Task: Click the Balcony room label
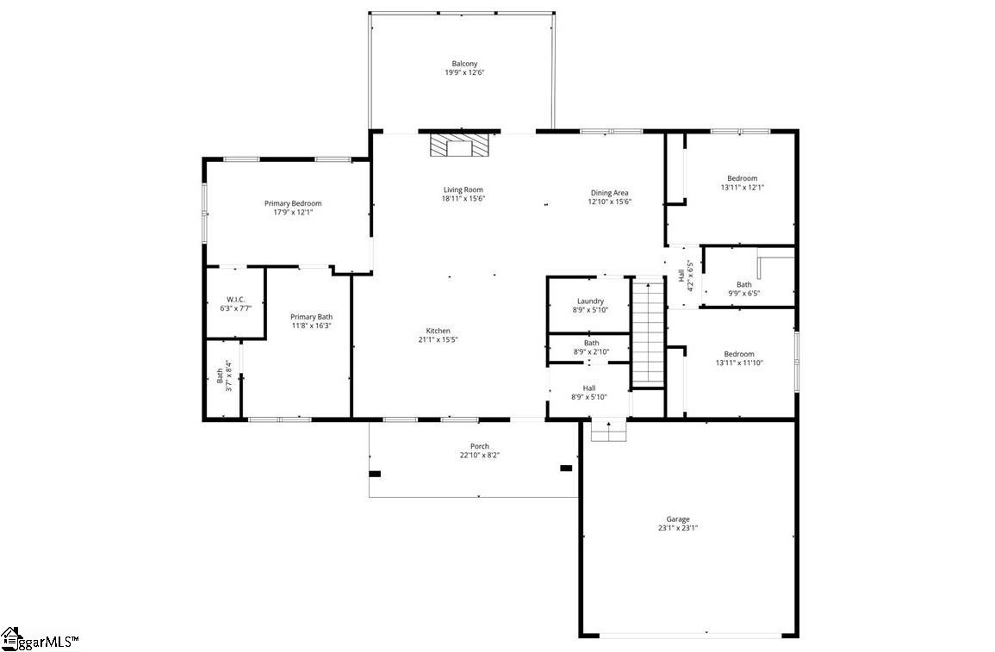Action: (x=464, y=64)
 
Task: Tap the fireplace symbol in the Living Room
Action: (x=460, y=146)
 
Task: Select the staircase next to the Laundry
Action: (x=648, y=332)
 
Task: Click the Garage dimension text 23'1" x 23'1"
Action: (x=678, y=528)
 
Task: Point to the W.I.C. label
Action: (x=236, y=300)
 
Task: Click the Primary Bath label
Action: (x=312, y=316)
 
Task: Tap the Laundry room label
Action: (x=591, y=301)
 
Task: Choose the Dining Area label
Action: (x=610, y=193)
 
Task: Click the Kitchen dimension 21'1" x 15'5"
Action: (x=438, y=339)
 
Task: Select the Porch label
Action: (x=480, y=446)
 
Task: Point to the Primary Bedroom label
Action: (x=293, y=203)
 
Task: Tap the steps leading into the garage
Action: (x=609, y=431)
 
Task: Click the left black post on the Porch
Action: (x=375, y=473)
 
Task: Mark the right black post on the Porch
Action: (x=566, y=468)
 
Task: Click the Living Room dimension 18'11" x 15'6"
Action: (x=463, y=198)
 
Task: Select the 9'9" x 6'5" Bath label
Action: (x=744, y=289)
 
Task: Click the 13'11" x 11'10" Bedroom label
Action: (x=739, y=358)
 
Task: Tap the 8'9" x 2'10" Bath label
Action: (x=592, y=348)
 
